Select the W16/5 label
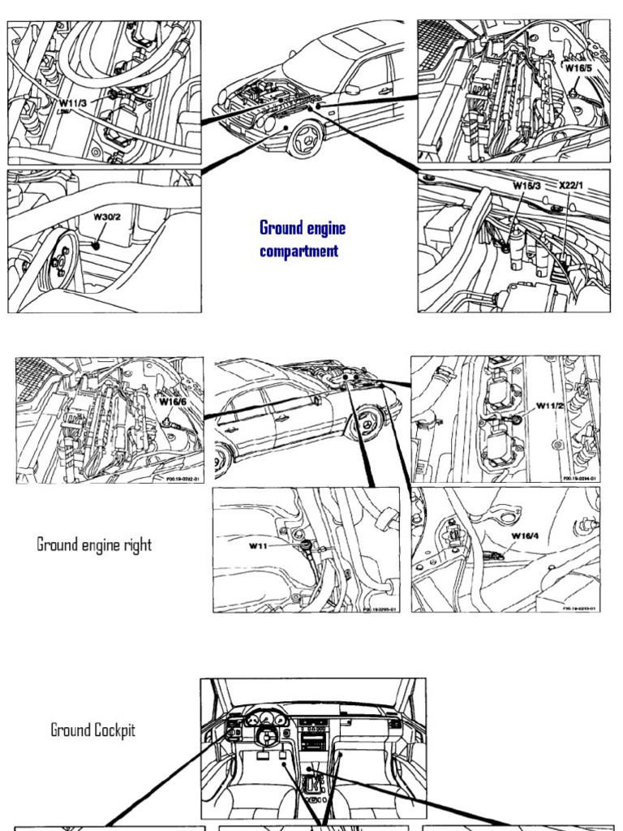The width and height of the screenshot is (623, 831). [579, 68]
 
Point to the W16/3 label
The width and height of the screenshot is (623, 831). [526, 186]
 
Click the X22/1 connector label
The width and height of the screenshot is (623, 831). [571, 186]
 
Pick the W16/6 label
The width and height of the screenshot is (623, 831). [172, 401]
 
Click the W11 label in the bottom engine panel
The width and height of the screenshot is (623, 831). [258, 546]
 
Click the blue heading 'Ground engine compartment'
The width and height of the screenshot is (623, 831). [299, 239]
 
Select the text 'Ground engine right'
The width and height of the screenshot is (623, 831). [94, 545]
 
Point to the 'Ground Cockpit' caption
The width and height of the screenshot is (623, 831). [92, 730]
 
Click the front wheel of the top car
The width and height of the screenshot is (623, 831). [306, 139]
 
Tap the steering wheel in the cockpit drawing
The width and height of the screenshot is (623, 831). [267, 735]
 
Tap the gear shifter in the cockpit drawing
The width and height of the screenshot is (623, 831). [311, 781]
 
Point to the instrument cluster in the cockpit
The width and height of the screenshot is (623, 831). [266, 718]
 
